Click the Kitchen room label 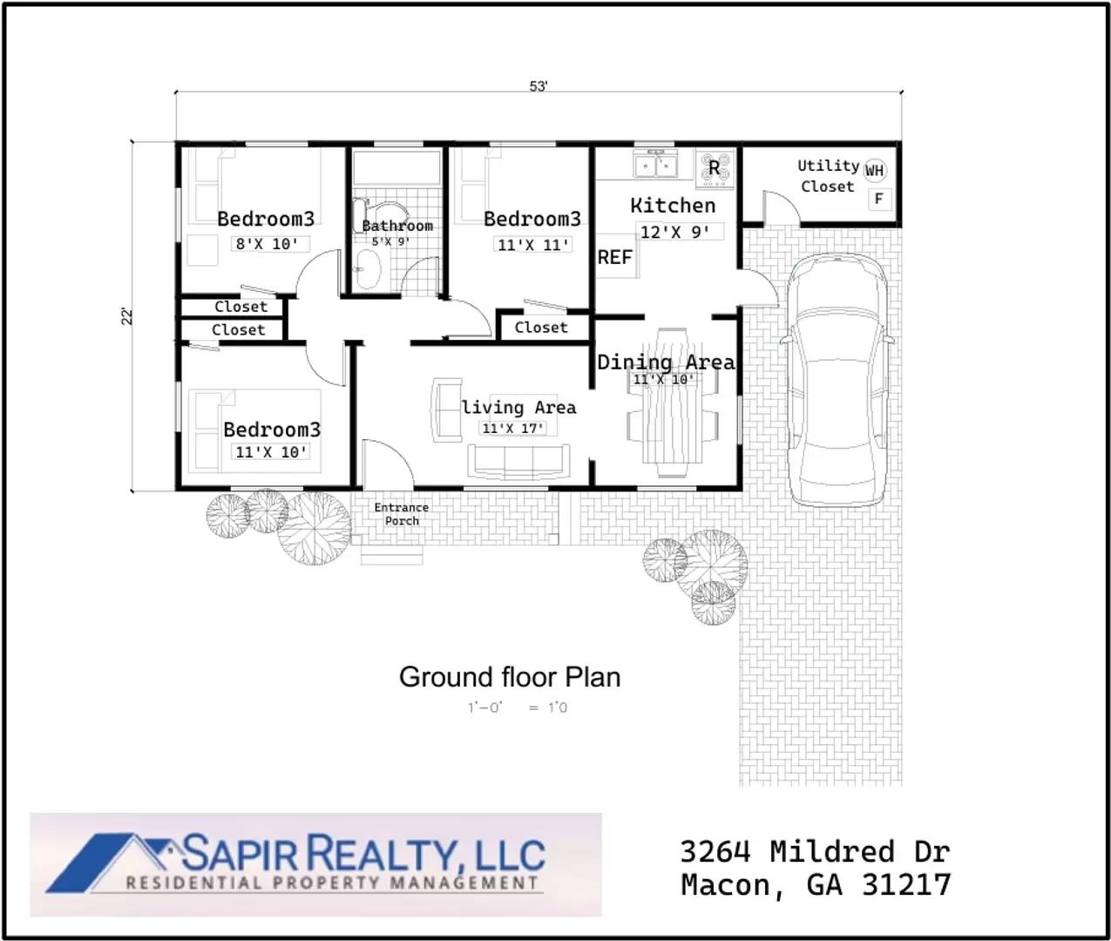672,206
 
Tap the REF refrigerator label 614,257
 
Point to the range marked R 715,168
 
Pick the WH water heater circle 874,171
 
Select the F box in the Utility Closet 878,200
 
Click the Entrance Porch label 402,514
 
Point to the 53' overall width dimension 539,86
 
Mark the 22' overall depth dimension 128,316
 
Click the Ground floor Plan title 510,677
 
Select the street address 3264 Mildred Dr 814,851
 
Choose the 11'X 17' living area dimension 513,428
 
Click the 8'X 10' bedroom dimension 267,244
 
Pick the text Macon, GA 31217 816,885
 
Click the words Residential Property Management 332,883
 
